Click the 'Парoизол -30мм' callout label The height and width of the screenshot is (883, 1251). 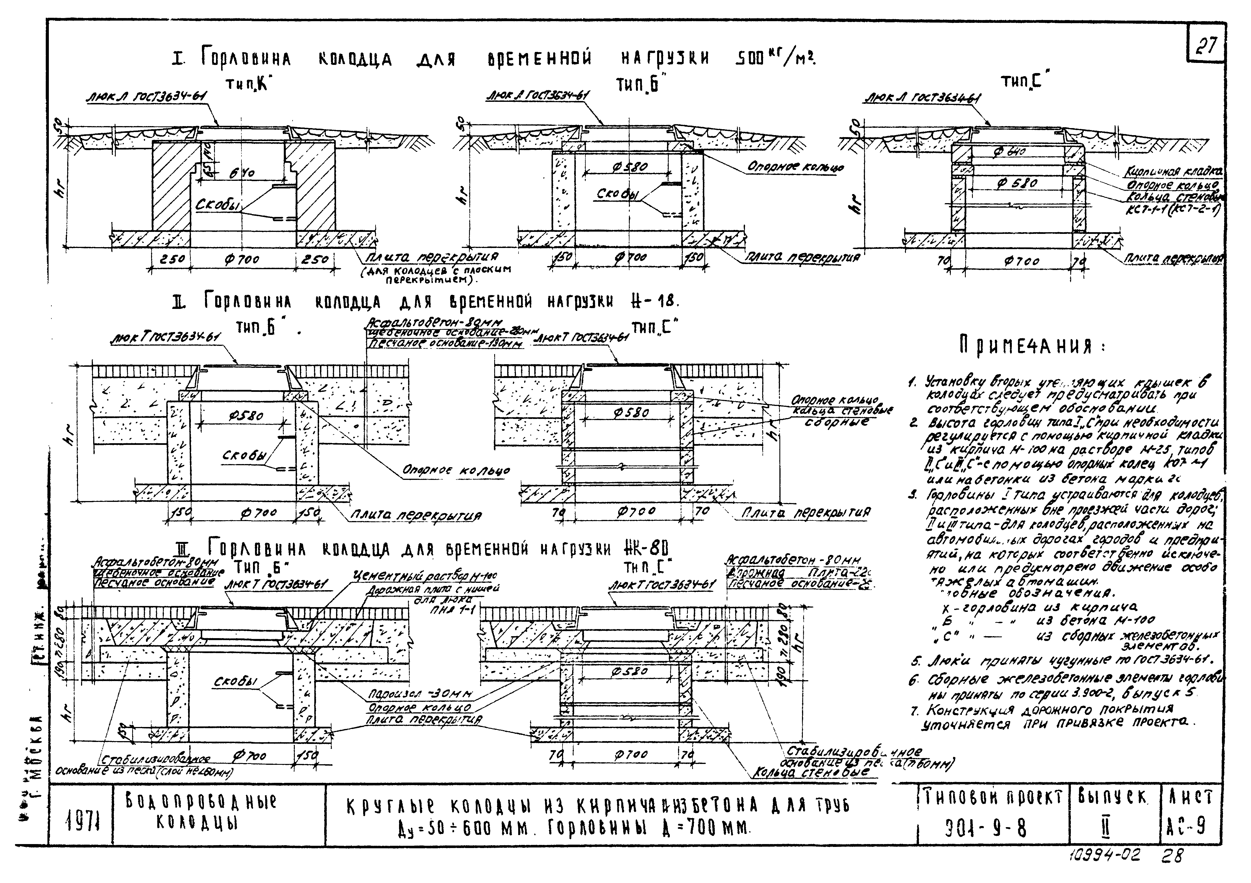[420, 695]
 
